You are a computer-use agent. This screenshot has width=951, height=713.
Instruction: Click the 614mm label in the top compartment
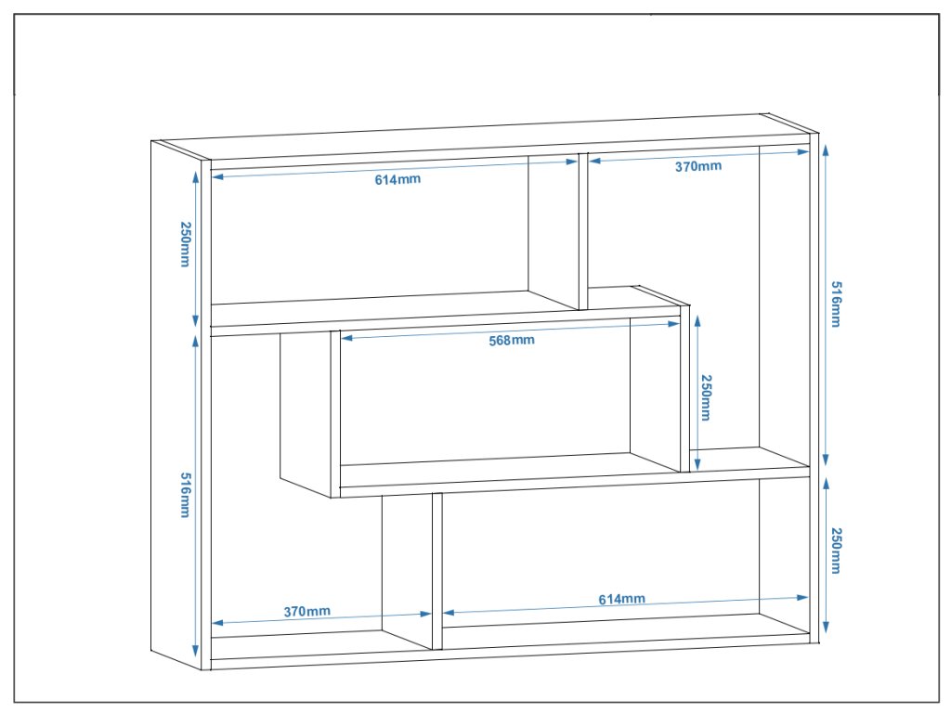point(397,179)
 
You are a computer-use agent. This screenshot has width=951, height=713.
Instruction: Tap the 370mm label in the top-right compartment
point(697,166)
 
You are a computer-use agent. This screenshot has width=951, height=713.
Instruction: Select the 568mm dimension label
point(512,340)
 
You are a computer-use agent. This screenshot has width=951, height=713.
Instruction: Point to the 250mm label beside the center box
point(706,398)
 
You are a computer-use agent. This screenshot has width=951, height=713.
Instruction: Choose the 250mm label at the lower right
point(835,551)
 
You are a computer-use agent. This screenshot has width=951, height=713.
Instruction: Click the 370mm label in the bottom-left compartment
point(306,612)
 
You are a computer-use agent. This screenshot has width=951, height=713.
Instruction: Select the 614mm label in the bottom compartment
point(621,599)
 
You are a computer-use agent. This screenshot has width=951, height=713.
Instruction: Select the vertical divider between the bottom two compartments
point(436,571)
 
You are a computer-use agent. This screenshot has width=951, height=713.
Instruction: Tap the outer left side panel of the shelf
point(176,408)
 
